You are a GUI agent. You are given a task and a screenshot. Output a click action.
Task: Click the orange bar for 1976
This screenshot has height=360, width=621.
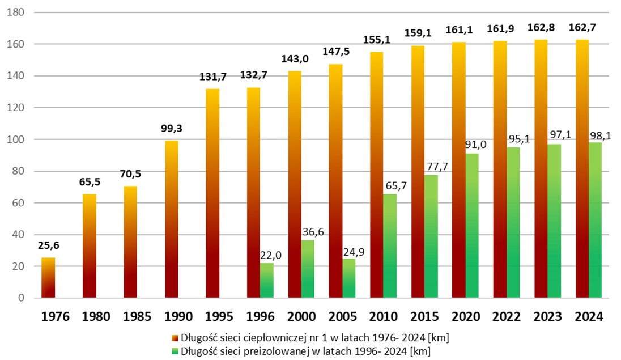48,278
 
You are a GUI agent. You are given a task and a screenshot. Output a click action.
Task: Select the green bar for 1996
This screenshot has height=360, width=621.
267,281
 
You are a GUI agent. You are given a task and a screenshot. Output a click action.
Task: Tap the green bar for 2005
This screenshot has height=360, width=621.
349,278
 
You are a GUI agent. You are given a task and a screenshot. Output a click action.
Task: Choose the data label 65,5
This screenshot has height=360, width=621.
90,183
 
